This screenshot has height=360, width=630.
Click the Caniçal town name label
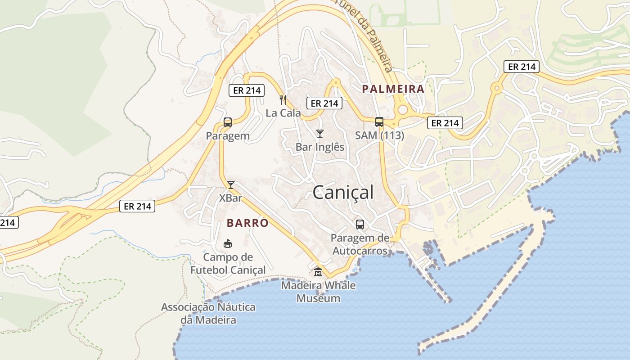(x=343, y=193)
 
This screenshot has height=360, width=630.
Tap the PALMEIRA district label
(x=393, y=89)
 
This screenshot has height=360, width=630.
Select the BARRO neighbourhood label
(x=247, y=223)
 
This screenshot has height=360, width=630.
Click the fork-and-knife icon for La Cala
(x=283, y=99)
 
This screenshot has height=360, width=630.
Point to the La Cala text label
(x=283, y=113)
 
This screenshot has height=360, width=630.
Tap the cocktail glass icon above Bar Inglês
(x=320, y=134)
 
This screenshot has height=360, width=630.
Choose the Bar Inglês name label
(x=320, y=147)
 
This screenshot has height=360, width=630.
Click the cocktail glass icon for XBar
(x=231, y=184)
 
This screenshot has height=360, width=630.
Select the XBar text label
(x=231, y=198)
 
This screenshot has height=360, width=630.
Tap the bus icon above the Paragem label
(x=228, y=122)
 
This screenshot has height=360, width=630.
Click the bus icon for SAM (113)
(x=379, y=121)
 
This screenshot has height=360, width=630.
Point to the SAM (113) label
(x=379, y=135)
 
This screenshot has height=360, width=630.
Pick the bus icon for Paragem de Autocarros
(x=360, y=224)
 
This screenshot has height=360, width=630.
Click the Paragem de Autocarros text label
(x=360, y=244)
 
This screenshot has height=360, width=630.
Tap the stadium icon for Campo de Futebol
(x=228, y=244)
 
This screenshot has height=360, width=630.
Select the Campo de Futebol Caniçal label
(x=228, y=264)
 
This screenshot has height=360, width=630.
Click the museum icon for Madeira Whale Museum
(x=318, y=272)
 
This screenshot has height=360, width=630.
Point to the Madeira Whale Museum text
(x=318, y=292)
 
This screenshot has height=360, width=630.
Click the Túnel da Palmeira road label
(x=365, y=34)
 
